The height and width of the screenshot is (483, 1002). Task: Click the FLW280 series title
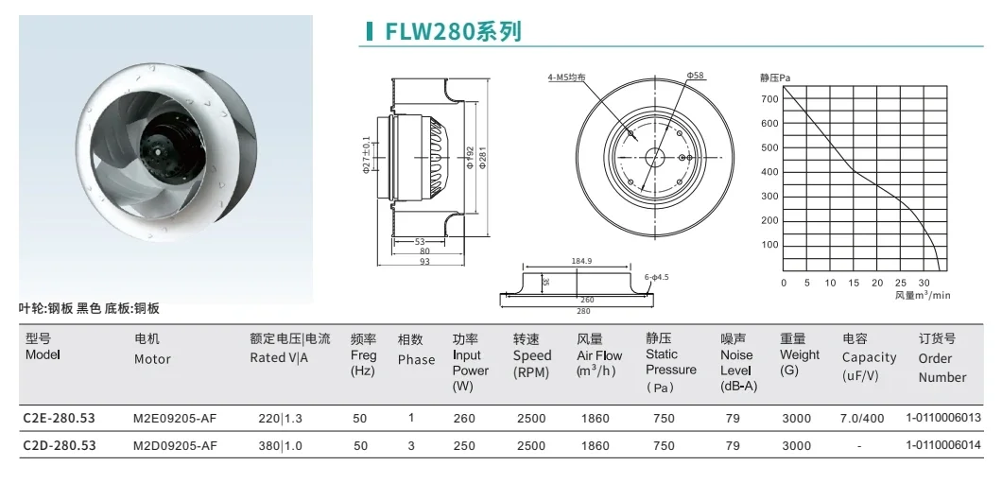coord(453,31)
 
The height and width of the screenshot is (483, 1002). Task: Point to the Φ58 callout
coord(696,76)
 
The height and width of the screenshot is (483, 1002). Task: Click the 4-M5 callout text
coord(566,78)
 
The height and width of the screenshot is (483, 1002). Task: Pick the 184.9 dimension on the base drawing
coord(581,261)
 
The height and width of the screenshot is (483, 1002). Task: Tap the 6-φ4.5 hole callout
coord(656,277)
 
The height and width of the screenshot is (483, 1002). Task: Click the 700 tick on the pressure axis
coord(770,99)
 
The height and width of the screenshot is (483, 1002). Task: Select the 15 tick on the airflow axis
coord(854,283)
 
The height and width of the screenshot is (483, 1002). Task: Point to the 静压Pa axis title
coord(775,78)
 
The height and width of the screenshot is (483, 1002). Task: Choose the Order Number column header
coord(942,358)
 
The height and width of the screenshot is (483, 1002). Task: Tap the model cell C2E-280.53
coord(59,419)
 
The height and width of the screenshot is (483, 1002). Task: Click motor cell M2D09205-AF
coord(175,445)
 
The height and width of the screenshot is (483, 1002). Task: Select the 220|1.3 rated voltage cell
coord(280,419)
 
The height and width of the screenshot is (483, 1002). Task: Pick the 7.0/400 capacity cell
coord(862,419)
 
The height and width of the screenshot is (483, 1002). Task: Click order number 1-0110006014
coord(943,445)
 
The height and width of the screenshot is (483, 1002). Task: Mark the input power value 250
coord(464,446)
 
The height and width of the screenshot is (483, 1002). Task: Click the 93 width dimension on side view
coord(424,262)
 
